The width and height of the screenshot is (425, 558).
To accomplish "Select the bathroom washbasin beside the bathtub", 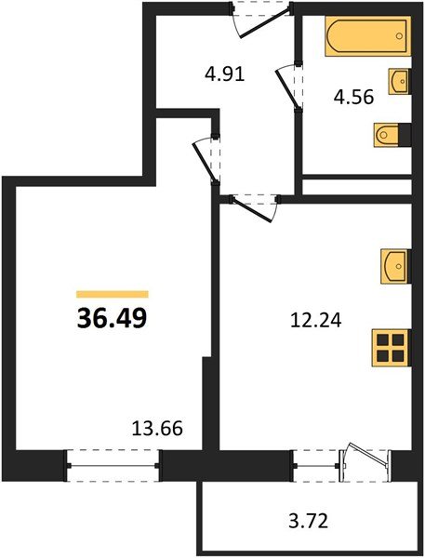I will tap(399, 81).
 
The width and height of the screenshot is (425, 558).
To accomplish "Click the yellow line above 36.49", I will tap(112, 293).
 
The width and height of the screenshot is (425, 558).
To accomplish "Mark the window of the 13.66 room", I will tap(113, 463).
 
